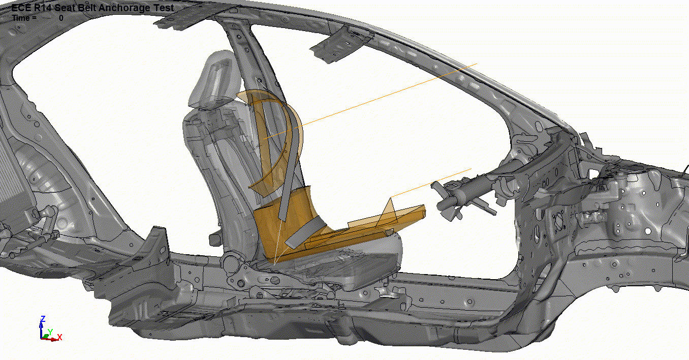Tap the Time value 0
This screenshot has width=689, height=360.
[61, 18]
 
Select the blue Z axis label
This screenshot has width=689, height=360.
[43, 319]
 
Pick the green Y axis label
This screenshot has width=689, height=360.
[50, 332]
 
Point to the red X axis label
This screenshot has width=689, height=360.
[59, 337]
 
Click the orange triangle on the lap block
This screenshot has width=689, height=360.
[388, 213]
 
